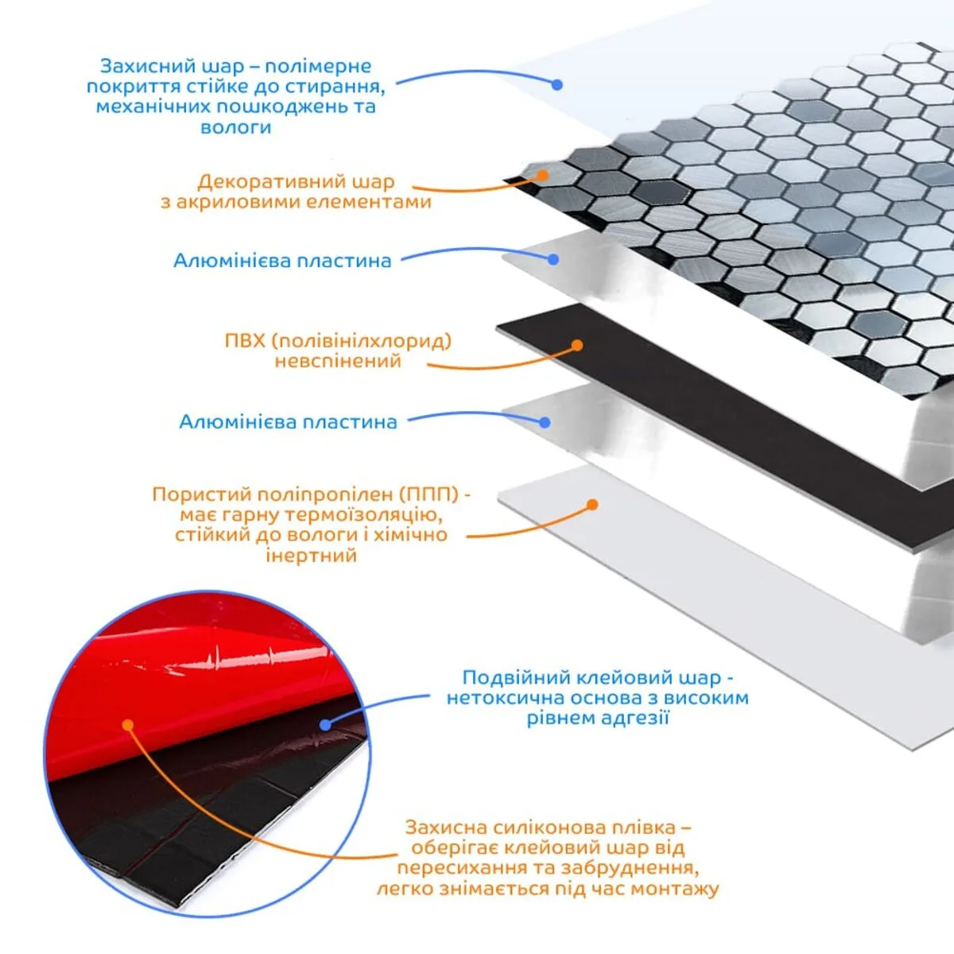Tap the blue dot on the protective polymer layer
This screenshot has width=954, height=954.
[x=557, y=84]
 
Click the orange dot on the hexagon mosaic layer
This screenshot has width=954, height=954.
[x=543, y=175]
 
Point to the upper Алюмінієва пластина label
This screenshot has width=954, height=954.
[x=282, y=261]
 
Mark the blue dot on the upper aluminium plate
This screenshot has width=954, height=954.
[x=553, y=259]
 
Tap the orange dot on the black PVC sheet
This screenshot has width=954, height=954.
[x=576, y=345]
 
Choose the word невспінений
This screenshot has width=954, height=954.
[x=338, y=361]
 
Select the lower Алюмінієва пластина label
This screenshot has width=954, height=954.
[x=288, y=422]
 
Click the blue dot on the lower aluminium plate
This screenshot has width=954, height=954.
[x=545, y=422]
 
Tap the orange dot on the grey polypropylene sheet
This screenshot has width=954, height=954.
[x=592, y=505]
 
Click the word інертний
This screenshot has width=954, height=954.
[x=312, y=556]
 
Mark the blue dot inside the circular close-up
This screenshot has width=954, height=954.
[x=325, y=725]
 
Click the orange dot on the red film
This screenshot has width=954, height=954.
[x=128, y=725]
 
